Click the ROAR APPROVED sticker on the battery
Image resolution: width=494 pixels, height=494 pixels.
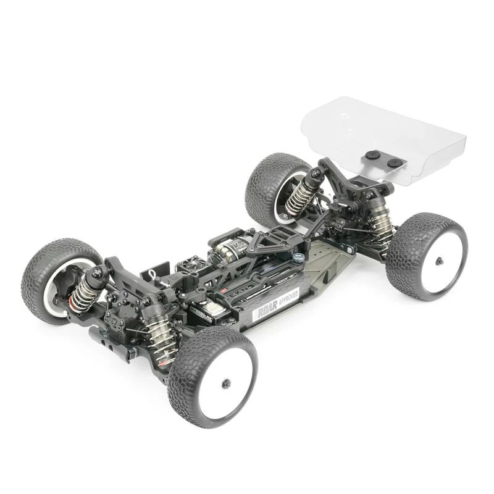276,304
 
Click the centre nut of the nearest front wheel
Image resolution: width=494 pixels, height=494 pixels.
225,381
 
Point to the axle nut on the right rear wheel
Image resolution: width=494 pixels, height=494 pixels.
438,261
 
